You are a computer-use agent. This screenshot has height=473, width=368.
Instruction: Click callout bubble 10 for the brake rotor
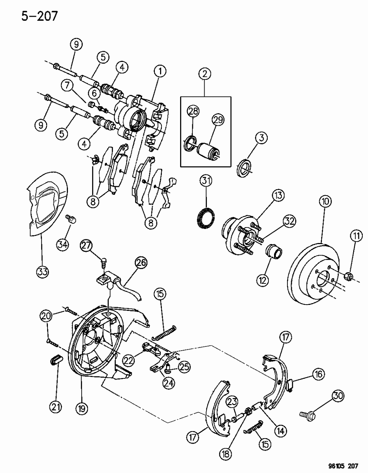(x=325, y=202)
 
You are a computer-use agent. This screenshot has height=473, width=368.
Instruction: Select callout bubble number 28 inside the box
(x=193, y=111)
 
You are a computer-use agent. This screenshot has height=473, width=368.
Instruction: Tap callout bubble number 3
(x=261, y=138)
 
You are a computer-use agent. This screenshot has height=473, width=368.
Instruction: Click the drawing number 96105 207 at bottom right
(x=343, y=465)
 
